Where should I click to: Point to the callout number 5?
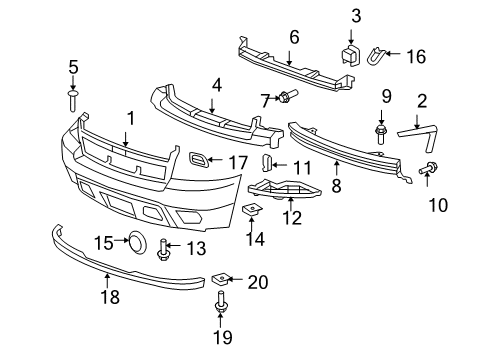click(x=73, y=67)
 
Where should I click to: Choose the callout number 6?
click(x=293, y=38)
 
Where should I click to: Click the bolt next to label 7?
click(x=286, y=98)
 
